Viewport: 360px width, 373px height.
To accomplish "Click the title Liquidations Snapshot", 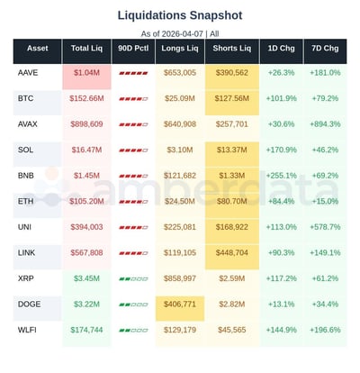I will [x=180, y=15].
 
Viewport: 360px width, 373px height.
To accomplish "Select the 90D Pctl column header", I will [x=133, y=48].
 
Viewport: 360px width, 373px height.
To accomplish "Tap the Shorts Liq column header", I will [x=231, y=48].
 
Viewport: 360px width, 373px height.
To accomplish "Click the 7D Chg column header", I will [x=324, y=48].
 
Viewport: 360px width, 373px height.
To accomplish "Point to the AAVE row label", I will [x=27, y=71].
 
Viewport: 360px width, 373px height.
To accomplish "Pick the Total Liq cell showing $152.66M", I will [x=87, y=97].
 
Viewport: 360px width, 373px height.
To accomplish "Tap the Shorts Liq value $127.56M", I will [x=231, y=97].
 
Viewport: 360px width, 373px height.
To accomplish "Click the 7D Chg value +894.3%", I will [x=324, y=123].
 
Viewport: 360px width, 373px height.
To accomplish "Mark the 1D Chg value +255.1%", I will [x=281, y=176].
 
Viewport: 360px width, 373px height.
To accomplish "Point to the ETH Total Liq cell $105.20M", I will [x=87, y=202].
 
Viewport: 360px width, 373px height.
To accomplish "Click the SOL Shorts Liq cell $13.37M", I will [x=231, y=150].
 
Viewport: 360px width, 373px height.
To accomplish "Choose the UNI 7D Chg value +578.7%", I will [x=324, y=228].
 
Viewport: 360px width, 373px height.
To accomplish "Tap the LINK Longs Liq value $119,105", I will [x=180, y=254].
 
